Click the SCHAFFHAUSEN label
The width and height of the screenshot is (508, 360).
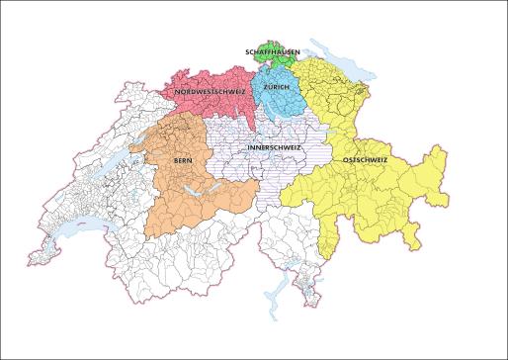pos(273,50)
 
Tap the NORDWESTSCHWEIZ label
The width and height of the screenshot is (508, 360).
pos(210,91)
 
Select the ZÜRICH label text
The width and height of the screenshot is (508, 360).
pos(277,87)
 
